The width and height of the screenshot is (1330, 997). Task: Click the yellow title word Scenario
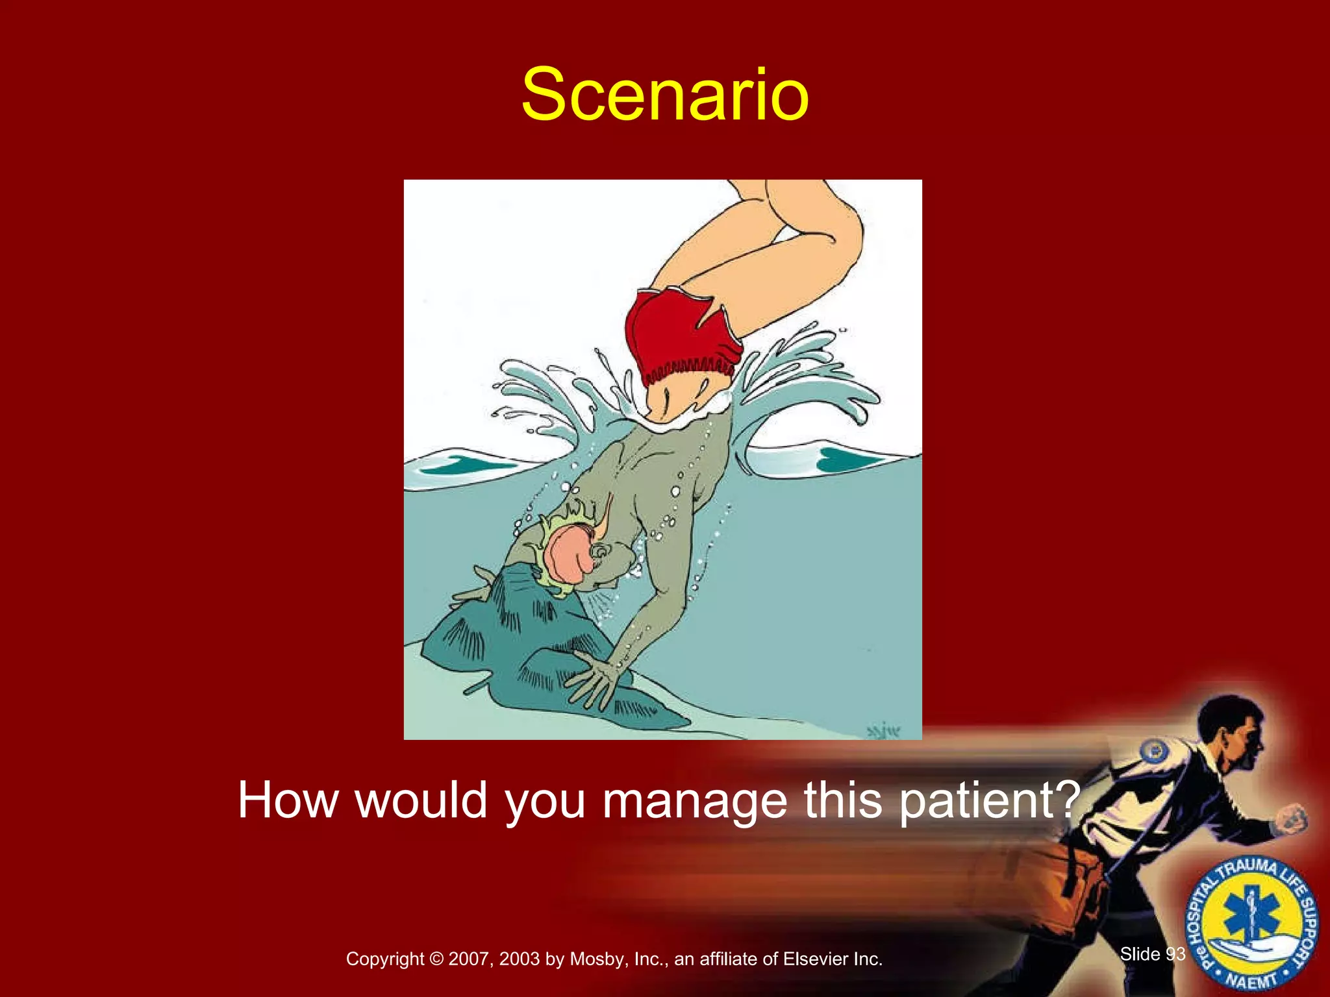click(x=664, y=95)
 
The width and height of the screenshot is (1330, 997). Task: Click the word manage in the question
click(x=694, y=801)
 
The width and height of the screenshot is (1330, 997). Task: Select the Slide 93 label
click(x=1153, y=954)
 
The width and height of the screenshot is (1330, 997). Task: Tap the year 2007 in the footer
click(x=470, y=959)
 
